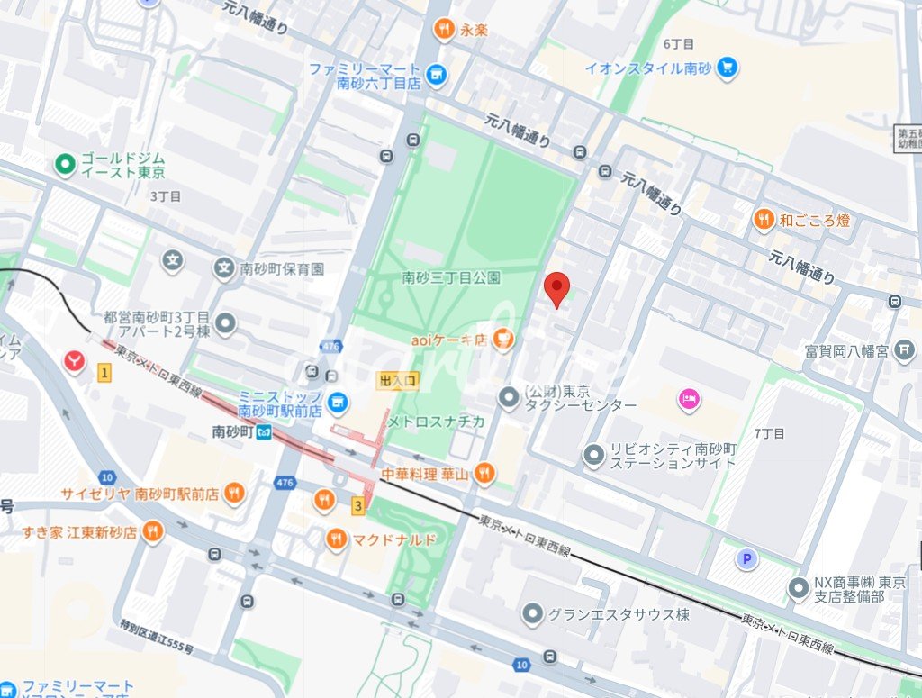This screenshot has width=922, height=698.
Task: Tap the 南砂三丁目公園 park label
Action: (x=451, y=277)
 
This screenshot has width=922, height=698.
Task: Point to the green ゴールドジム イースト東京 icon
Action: (x=64, y=164)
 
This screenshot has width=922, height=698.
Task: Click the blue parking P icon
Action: (x=746, y=560)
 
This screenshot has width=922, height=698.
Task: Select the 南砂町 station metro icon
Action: (x=263, y=431)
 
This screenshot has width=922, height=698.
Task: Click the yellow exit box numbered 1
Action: (x=105, y=372)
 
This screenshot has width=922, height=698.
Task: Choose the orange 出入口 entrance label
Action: (x=398, y=381)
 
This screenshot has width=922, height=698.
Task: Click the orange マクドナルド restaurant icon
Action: (x=337, y=539)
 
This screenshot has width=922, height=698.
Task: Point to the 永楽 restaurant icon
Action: (x=443, y=31)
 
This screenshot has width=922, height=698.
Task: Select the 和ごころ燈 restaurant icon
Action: (x=764, y=219)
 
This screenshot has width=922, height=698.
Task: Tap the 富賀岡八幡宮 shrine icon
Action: (x=907, y=350)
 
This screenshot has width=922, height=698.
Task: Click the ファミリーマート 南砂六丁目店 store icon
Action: (x=437, y=75)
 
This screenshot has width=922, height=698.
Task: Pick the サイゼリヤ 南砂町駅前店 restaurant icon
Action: (x=234, y=493)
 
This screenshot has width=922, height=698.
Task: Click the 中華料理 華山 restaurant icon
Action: (x=484, y=472)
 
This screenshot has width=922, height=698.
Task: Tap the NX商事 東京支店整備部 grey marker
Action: (x=798, y=589)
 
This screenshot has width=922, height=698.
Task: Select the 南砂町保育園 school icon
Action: (x=223, y=267)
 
